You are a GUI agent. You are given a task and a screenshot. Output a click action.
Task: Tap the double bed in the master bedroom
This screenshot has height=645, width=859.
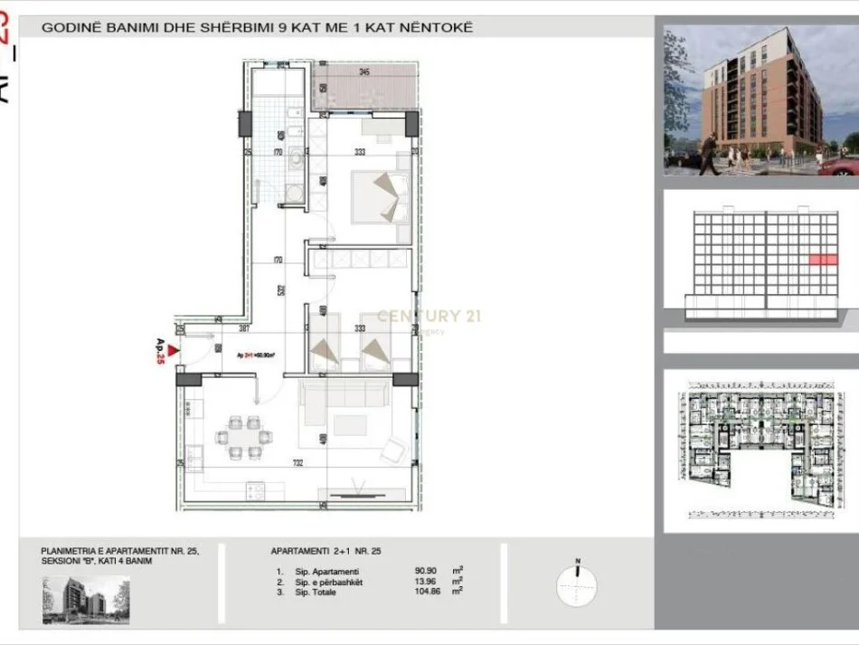(381, 196)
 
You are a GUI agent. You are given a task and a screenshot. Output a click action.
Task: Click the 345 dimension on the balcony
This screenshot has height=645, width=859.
(363, 71)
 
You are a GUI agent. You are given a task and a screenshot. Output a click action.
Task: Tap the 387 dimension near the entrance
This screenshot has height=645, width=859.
(218, 328)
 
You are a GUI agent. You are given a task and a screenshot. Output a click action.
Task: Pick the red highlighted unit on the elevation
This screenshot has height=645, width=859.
(822, 260)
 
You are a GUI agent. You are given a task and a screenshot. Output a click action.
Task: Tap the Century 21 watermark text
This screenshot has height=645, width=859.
(429, 316)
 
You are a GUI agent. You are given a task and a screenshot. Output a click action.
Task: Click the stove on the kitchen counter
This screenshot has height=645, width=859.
(253, 492)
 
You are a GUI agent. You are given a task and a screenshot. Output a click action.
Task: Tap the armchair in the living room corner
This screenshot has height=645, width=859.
(394, 450)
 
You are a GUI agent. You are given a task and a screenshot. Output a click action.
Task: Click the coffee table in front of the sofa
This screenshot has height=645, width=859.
(349, 424)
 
